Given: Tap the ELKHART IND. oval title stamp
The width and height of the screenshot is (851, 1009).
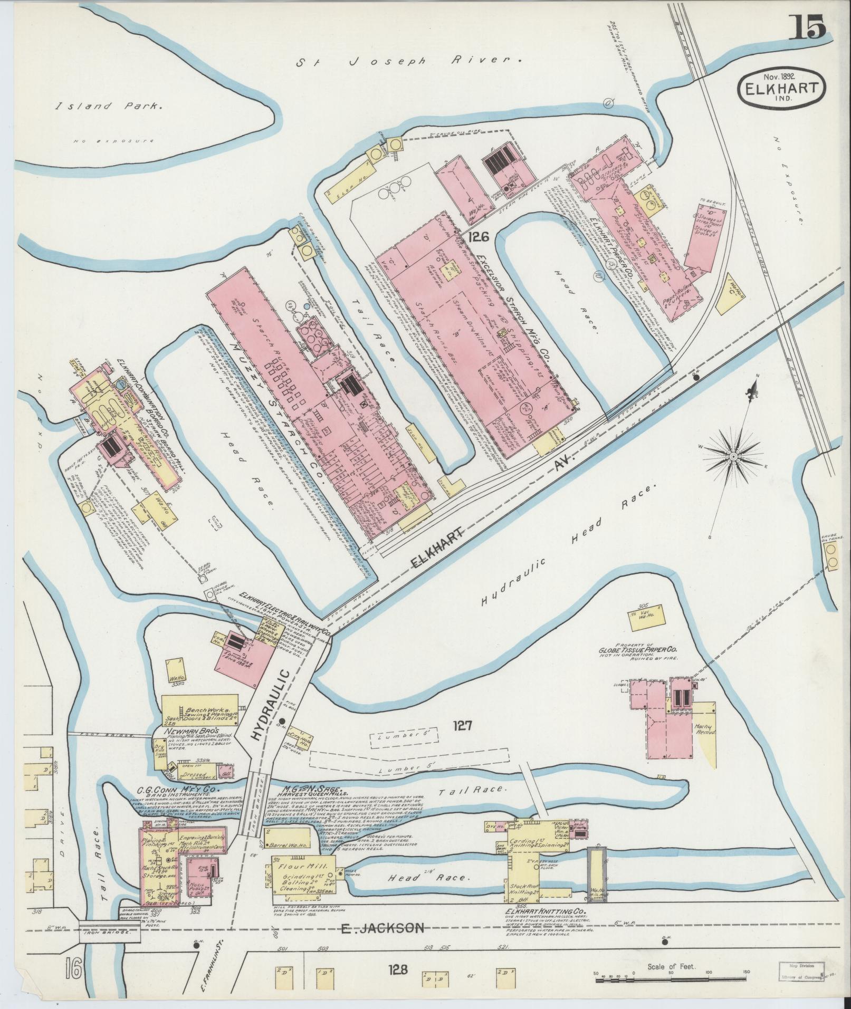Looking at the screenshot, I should tap(782, 91).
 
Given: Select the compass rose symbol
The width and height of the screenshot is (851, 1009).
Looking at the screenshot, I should tap(734, 455).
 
